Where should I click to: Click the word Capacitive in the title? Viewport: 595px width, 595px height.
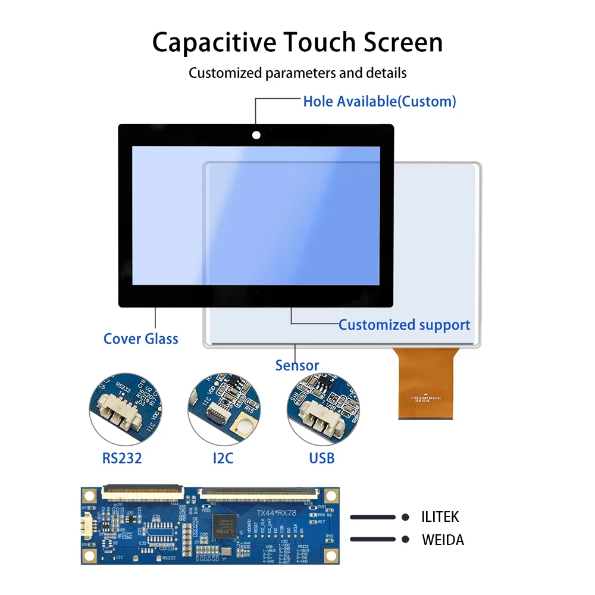pyautogui.click(x=213, y=43)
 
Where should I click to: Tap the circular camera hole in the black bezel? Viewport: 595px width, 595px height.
pyautogui.click(x=256, y=135)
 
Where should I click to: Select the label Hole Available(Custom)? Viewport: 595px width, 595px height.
pyautogui.click(x=380, y=101)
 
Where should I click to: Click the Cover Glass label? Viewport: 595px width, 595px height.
pyautogui.click(x=140, y=339)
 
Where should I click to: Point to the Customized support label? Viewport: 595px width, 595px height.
pyautogui.click(x=404, y=325)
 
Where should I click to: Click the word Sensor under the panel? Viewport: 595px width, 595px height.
pyautogui.click(x=297, y=365)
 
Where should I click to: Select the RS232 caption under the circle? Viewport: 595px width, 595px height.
pyautogui.click(x=121, y=458)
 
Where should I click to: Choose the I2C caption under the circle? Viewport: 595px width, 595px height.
pyautogui.click(x=223, y=458)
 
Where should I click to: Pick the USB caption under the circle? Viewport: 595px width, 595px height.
pyautogui.click(x=322, y=458)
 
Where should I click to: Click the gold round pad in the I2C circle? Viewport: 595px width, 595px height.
pyautogui.click(x=243, y=426)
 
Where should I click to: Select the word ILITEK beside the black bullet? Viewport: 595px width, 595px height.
pyautogui.click(x=440, y=517)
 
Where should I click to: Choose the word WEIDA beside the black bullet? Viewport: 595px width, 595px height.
pyautogui.click(x=443, y=540)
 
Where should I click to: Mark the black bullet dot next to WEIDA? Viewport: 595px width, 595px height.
pyautogui.click(x=405, y=539)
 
